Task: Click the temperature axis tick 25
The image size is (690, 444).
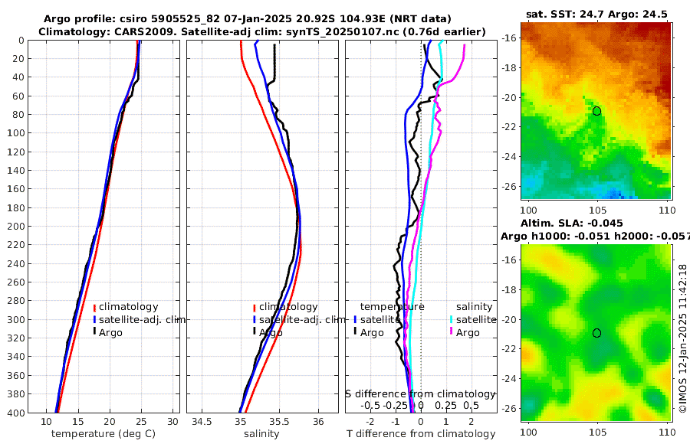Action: (x=141, y=422)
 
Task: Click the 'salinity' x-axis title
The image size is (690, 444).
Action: (x=260, y=434)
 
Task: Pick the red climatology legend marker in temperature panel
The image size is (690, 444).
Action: (x=94, y=307)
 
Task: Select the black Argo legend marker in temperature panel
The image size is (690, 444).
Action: (x=94, y=331)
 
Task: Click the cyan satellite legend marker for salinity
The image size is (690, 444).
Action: (x=452, y=319)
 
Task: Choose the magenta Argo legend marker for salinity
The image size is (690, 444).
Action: (x=452, y=331)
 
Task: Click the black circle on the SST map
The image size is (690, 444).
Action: (x=596, y=111)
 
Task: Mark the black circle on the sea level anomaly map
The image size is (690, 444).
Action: (x=596, y=333)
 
